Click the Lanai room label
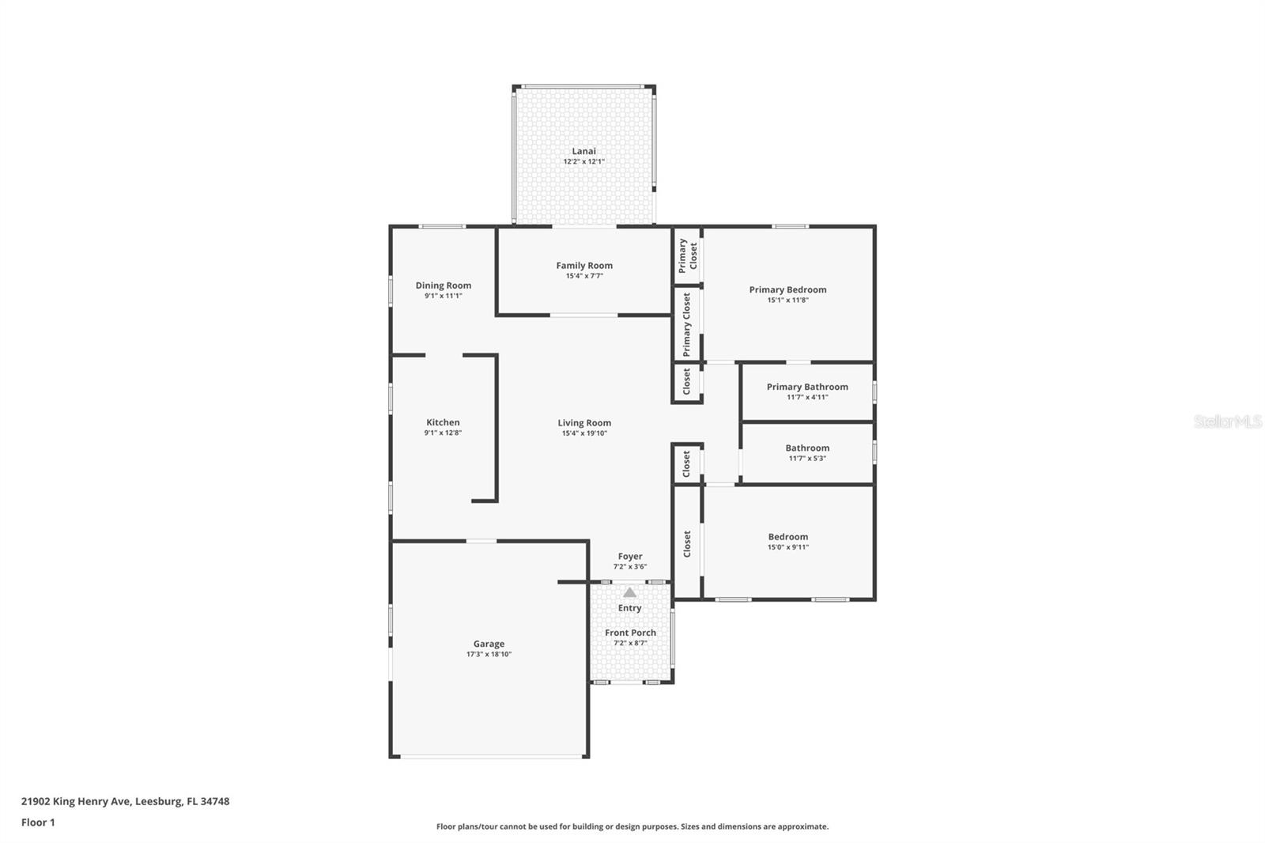[583, 151]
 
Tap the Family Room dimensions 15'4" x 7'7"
[583, 276]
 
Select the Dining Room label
[443, 285]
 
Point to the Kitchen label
[443, 422]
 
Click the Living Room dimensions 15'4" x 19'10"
[584, 433]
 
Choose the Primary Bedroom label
[787, 289]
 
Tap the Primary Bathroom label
[806, 387]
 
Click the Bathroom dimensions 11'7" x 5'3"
[806, 459]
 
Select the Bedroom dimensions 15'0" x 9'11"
[787, 547]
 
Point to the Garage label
[489, 644]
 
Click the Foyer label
[630, 556]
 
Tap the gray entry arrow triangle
[629, 592]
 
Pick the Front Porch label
[630, 633]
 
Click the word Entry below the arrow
[629, 608]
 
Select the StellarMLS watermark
[1227, 421]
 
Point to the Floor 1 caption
[38, 822]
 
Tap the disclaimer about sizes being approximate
[632, 826]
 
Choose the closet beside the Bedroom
[687, 543]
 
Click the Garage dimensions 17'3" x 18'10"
[489, 655]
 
